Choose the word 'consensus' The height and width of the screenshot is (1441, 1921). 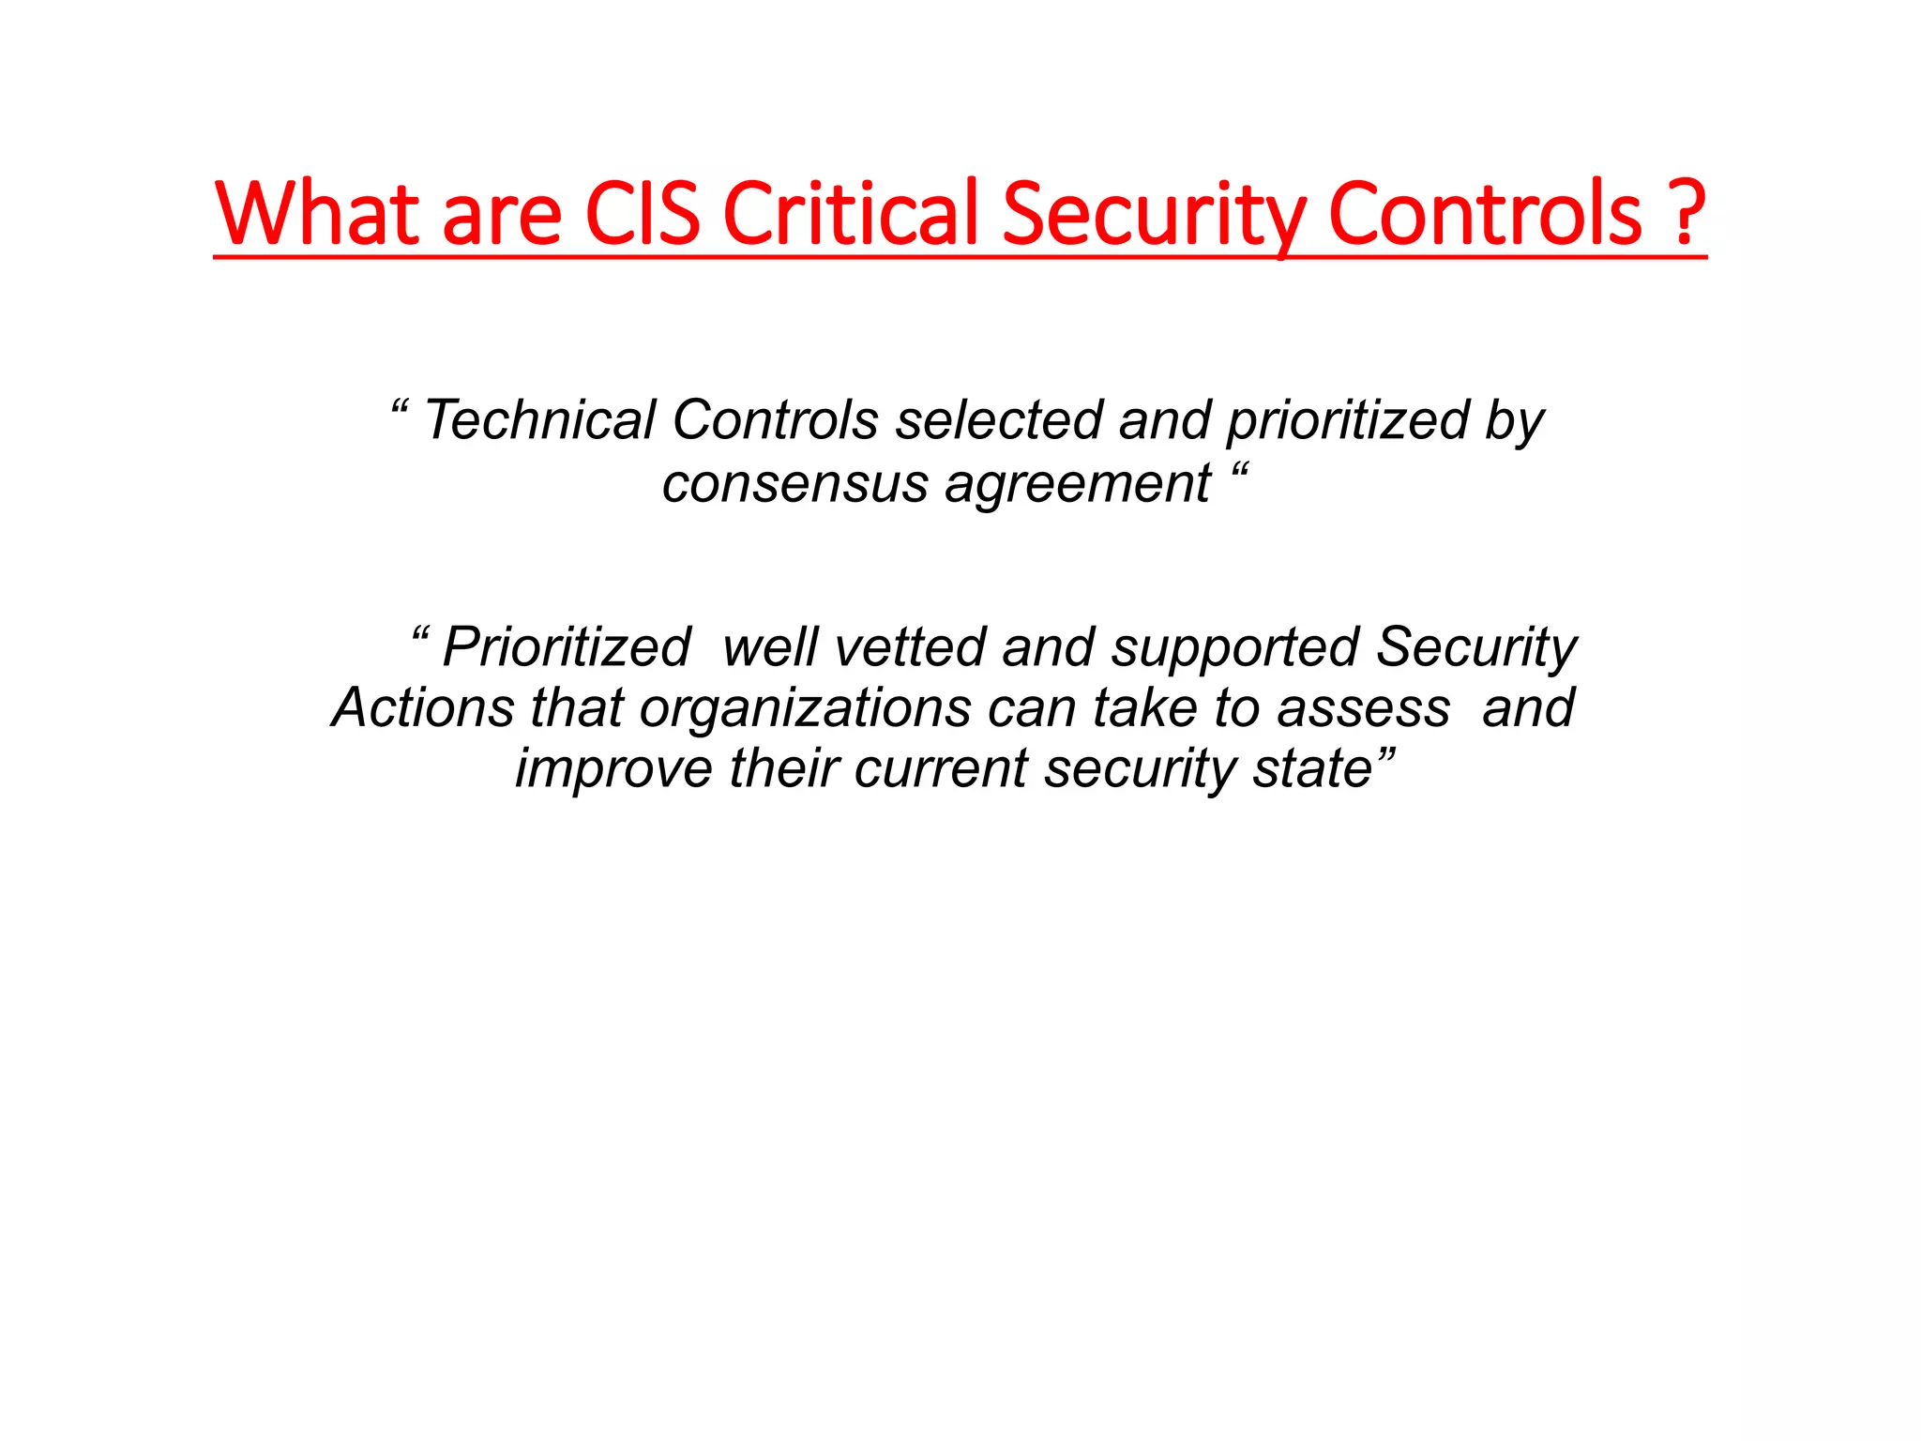[x=794, y=484]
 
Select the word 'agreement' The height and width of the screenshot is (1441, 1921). [x=1078, y=486]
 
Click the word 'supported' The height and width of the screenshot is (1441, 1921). [x=1235, y=649]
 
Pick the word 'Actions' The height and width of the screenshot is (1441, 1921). [x=423, y=707]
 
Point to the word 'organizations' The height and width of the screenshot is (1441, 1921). [x=805, y=709]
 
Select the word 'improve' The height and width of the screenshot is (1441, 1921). [x=614, y=769]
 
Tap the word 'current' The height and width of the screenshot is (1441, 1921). [x=941, y=769]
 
